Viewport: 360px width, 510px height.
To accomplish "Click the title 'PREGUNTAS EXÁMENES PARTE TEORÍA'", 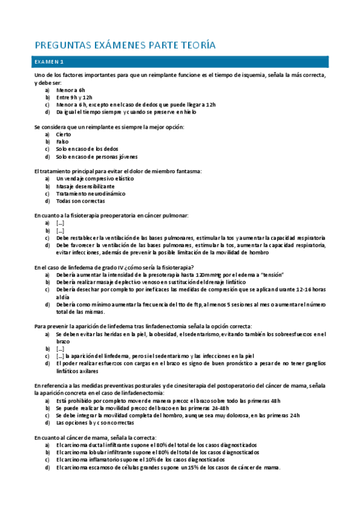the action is point(124,45).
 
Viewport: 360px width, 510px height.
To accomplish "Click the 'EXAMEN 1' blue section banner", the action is point(180,61).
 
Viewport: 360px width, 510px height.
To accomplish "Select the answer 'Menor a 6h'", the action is point(71,89).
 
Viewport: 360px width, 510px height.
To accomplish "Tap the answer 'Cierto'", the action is point(64,134).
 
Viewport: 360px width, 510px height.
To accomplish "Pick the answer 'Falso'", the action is point(63,141).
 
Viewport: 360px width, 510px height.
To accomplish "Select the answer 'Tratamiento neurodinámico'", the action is point(91,194).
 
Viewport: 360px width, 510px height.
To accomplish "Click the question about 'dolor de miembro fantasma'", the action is point(118,171).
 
